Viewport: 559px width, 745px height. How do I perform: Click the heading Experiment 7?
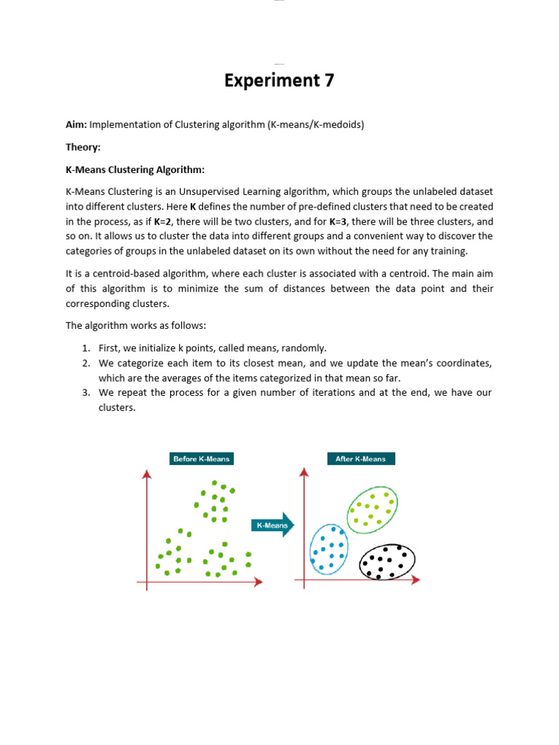tap(279, 81)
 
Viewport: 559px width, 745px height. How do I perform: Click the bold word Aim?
tap(76, 124)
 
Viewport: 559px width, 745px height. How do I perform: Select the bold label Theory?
tap(82, 147)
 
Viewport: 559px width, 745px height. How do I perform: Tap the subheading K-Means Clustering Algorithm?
tap(135, 170)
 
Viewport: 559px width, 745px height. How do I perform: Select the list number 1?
tap(85, 348)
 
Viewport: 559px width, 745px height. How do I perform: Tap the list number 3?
tap(85, 393)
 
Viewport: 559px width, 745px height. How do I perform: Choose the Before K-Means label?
tap(201, 458)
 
